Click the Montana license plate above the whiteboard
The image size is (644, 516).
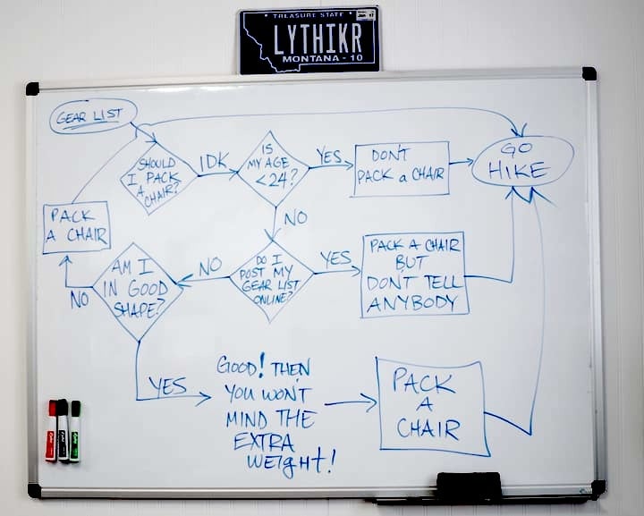[x=309, y=40]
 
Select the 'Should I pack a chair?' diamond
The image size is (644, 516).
[x=158, y=175]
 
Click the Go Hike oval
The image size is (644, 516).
[x=521, y=161]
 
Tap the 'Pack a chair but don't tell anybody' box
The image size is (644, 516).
[x=415, y=275]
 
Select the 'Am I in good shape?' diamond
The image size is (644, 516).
[x=137, y=289]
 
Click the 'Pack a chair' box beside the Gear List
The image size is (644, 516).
[x=76, y=226]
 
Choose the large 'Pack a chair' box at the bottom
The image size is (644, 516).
[x=431, y=406]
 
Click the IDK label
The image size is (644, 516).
[x=213, y=163]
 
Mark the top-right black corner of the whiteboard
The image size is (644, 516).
[x=589, y=73]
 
